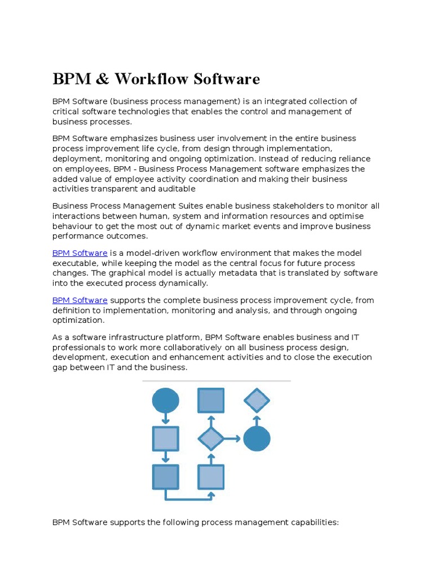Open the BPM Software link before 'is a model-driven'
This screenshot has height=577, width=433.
pyautogui.click(x=79, y=253)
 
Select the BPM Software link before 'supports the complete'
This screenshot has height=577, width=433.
pyautogui.click(x=79, y=300)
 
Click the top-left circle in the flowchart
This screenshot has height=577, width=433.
pyautogui.click(x=166, y=401)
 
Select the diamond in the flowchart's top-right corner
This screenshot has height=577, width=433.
pyautogui.click(x=257, y=401)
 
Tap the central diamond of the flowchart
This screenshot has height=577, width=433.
pyautogui.click(x=211, y=438)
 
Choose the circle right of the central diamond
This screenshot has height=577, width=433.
pyautogui.click(x=257, y=438)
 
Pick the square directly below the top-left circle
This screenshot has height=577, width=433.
pyautogui.click(x=166, y=438)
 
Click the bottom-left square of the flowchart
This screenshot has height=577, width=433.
pyautogui.click(x=166, y=477)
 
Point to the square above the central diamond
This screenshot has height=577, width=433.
pyautogui.click(x=211, y=401)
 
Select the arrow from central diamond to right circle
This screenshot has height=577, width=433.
pyautogui.click(x=232, y=438)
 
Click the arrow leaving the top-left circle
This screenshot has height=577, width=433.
pyautogui.click(x=166, y=419)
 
